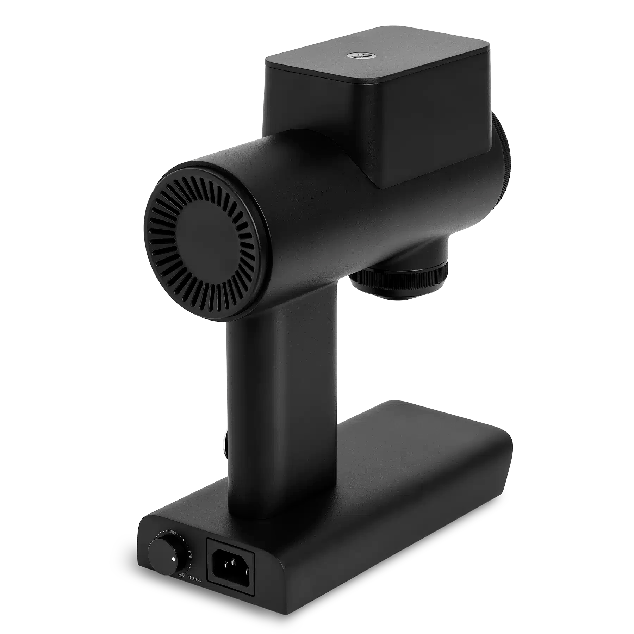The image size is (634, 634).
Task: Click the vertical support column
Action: (x=282, y=405)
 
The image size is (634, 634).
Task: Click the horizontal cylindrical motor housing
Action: (x=317, y=197)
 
